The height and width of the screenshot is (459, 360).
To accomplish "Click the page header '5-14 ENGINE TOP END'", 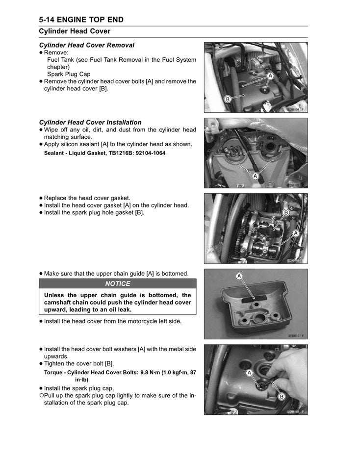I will [81, 20].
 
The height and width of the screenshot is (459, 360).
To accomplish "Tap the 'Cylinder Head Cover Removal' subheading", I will [86, 45].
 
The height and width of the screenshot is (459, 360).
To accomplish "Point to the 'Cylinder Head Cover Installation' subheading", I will [90, 122].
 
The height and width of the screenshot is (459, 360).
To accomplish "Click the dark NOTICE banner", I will [118, 283].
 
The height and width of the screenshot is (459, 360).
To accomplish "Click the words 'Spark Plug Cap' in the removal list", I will [69, 74].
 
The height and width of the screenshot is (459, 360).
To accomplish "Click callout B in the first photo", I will [227, 99].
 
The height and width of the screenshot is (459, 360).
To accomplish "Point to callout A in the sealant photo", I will [255, 176].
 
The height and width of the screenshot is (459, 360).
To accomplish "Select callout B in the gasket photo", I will [285, 212].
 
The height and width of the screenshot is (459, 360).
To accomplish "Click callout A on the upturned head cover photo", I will [239, 277].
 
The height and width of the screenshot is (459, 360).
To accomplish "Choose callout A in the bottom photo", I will [249, 373].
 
